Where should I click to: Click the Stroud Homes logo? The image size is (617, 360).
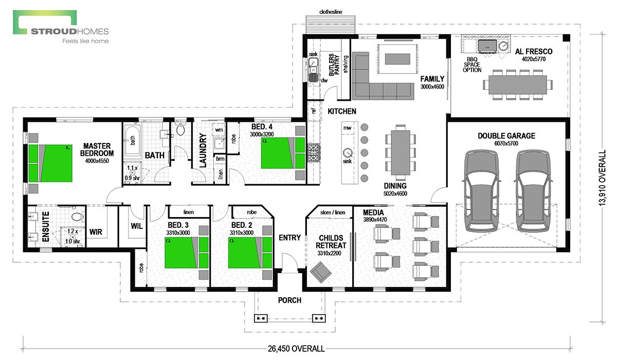coord(61,27)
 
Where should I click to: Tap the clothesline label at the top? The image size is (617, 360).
coord(331,12)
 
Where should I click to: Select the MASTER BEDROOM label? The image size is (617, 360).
coord(97,150)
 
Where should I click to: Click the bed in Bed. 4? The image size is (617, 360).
coord(283,153)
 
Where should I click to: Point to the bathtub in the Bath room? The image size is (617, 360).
coord(133,140)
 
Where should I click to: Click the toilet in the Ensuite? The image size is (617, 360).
coord(78,217)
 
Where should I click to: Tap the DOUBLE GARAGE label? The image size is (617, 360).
coord(506,136)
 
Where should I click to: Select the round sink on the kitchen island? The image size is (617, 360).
coord(348,152)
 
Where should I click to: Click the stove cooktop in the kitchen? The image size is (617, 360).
coord(314,152)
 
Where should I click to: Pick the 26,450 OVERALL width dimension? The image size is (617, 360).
coord(296,349)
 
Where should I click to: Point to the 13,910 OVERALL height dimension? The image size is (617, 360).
coord(603,177)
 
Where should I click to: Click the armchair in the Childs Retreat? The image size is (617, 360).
coord(321,272)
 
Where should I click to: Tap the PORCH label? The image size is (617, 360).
coord(289,300)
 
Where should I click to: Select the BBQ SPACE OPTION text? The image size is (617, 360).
coord(472,65)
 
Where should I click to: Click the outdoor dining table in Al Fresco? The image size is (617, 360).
coord(518,84)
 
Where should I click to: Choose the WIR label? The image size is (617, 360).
coord(96,232)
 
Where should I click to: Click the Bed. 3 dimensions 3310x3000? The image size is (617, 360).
coord(178,233)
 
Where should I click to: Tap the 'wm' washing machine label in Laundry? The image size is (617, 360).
coord(219,130)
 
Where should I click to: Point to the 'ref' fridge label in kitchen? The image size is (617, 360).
coord(314,111)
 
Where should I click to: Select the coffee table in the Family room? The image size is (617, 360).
coord(397,59)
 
